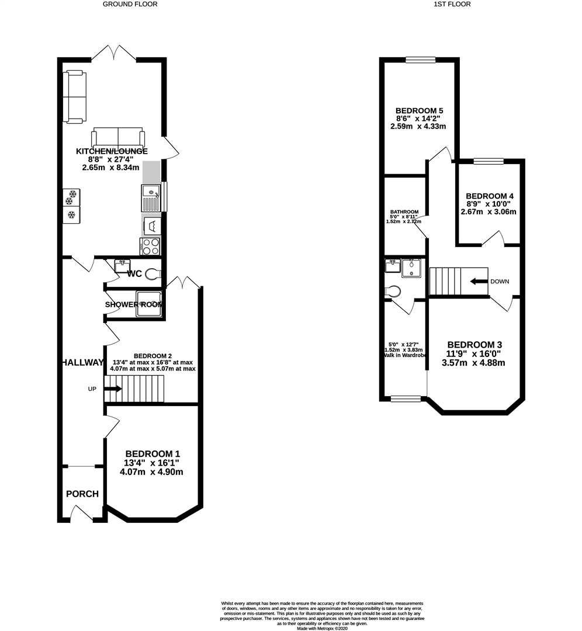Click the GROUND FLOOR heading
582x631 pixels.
130,4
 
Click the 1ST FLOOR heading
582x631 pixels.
452,4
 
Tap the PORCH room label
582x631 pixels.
82,494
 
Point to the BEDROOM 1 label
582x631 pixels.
153,454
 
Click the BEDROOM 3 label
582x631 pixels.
474,345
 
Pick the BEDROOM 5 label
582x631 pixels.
419,110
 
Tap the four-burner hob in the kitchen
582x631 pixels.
150,247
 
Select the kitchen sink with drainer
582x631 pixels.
150,197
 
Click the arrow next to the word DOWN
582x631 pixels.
479,281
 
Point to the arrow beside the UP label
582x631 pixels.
113,389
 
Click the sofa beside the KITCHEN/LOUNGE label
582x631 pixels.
118,138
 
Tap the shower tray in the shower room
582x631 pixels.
148,304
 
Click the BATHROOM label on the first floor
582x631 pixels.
404,212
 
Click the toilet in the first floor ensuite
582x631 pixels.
393,291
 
